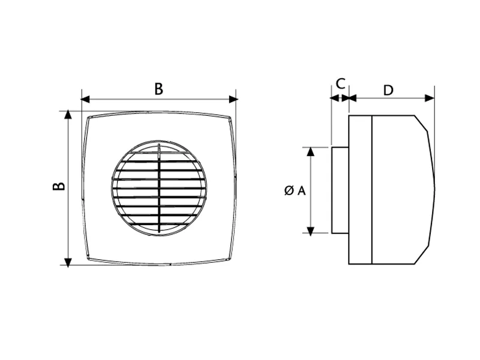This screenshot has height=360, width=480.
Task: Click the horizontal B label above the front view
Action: tap(158, 89)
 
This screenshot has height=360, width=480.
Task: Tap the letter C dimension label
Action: tap(340, 83)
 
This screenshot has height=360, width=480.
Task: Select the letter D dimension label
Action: tap(388, 91)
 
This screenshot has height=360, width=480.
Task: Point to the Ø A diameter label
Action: tap(295, 191)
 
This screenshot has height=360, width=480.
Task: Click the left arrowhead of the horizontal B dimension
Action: tap(85, 99)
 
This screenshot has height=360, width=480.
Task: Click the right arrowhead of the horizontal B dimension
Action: tap(233, 99)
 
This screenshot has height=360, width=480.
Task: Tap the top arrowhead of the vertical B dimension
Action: tap(68, 115)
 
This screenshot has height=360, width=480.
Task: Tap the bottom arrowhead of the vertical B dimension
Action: tap(68, 262)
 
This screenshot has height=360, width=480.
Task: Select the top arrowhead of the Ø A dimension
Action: tap(310, 152)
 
